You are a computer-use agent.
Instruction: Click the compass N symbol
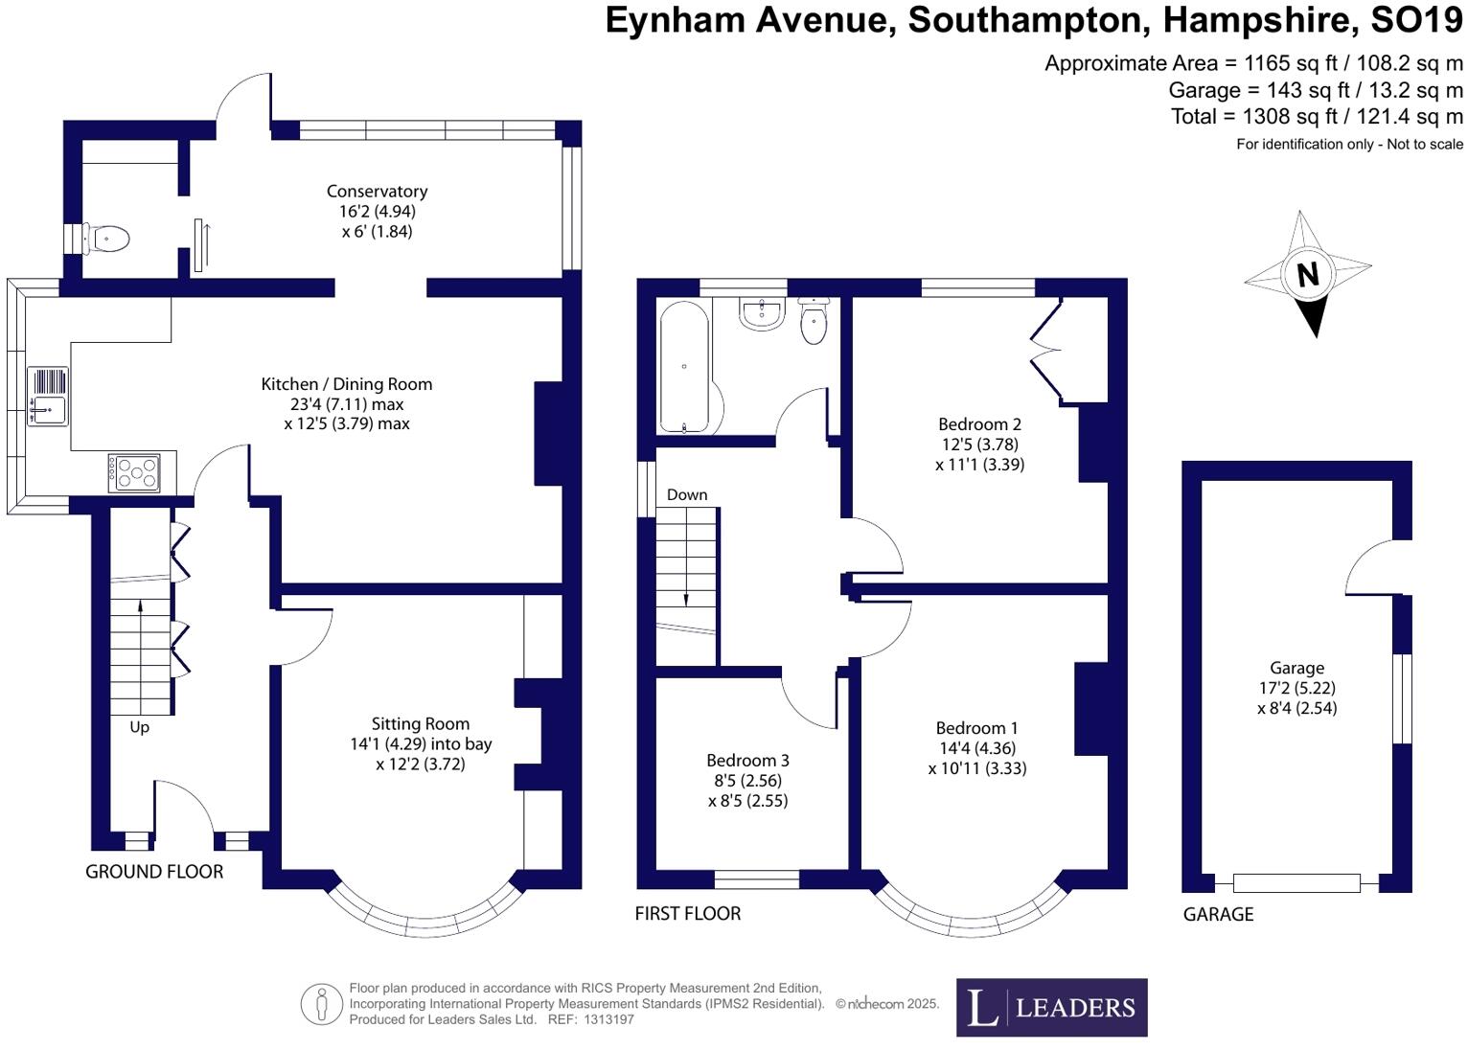1308,275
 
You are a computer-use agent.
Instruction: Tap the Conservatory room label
377,192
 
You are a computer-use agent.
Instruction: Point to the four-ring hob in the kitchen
134,472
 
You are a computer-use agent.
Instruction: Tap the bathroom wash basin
762,313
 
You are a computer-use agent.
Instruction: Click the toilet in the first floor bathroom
814,319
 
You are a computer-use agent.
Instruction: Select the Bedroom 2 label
979,424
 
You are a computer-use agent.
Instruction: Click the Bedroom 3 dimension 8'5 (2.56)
747,781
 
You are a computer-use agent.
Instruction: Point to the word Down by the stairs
687,495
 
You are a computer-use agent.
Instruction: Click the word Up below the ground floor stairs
139,727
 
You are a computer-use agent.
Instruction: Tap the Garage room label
1296,668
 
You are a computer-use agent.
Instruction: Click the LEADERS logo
1051,1007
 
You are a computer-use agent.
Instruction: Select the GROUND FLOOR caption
154,872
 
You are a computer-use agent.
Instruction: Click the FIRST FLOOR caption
687,914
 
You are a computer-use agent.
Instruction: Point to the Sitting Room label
421,724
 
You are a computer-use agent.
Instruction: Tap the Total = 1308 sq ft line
1317,117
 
